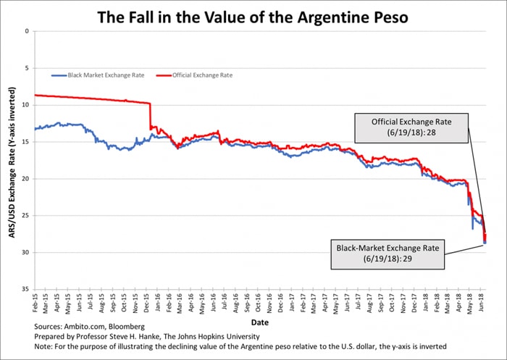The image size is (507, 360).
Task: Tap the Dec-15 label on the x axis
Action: [148, 304]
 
